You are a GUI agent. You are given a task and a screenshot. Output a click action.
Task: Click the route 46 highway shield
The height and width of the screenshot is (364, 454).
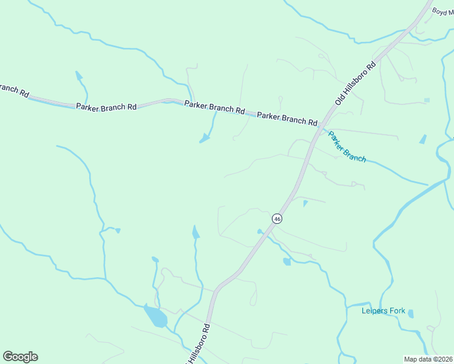[277, 218]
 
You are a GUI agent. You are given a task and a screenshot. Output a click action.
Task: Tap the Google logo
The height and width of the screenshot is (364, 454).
[20, 357]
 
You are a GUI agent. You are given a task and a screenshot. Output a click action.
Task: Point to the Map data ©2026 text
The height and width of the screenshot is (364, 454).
[428, 359]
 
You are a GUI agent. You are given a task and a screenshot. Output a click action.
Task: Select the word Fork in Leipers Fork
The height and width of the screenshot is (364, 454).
[398, 311]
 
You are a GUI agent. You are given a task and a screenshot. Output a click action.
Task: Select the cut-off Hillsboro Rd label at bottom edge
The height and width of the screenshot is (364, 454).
[198, 345]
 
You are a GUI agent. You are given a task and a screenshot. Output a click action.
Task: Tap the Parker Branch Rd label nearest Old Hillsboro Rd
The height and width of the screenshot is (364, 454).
[287, 118]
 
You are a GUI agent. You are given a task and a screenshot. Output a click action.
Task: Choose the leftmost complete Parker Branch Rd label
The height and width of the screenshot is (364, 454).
[106, 107]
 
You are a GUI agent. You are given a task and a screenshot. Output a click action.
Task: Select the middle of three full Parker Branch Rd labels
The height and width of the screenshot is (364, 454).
[214, 107]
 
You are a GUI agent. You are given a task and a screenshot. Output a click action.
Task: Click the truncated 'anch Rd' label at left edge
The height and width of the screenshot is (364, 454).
[13, 90]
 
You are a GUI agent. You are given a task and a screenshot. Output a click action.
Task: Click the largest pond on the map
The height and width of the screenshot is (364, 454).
[155, 317]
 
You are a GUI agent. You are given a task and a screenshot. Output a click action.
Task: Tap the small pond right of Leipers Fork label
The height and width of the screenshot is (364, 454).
[411, 314]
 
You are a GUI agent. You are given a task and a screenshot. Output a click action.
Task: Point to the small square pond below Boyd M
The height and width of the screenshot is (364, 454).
[427, 99]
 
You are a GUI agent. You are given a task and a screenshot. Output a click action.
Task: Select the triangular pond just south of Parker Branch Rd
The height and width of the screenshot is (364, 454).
[205, 140]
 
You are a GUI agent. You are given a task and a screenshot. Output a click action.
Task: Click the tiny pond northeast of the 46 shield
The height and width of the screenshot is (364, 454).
[305, 203]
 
